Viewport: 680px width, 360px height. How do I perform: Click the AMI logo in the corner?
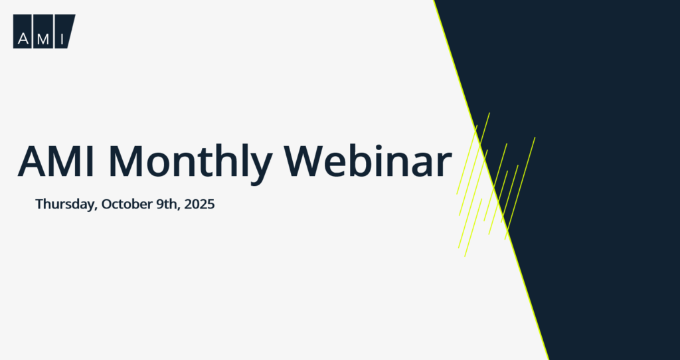click(x=44, y=31)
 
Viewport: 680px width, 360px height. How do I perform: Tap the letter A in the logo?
click(x=23, y=39)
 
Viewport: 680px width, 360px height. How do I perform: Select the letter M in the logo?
click(x=43, y=39)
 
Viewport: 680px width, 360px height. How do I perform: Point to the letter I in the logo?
click(x=62, y=39)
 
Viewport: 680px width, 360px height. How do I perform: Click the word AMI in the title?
click(x=56, y=161)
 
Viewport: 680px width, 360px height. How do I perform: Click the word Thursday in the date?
click(x=65, y=204)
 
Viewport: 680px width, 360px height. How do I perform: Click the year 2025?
click(x=199, y=204)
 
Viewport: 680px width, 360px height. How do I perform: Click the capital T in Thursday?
click(x=40, y=204)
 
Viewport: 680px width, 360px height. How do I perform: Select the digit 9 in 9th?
click(x=160, y=204)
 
